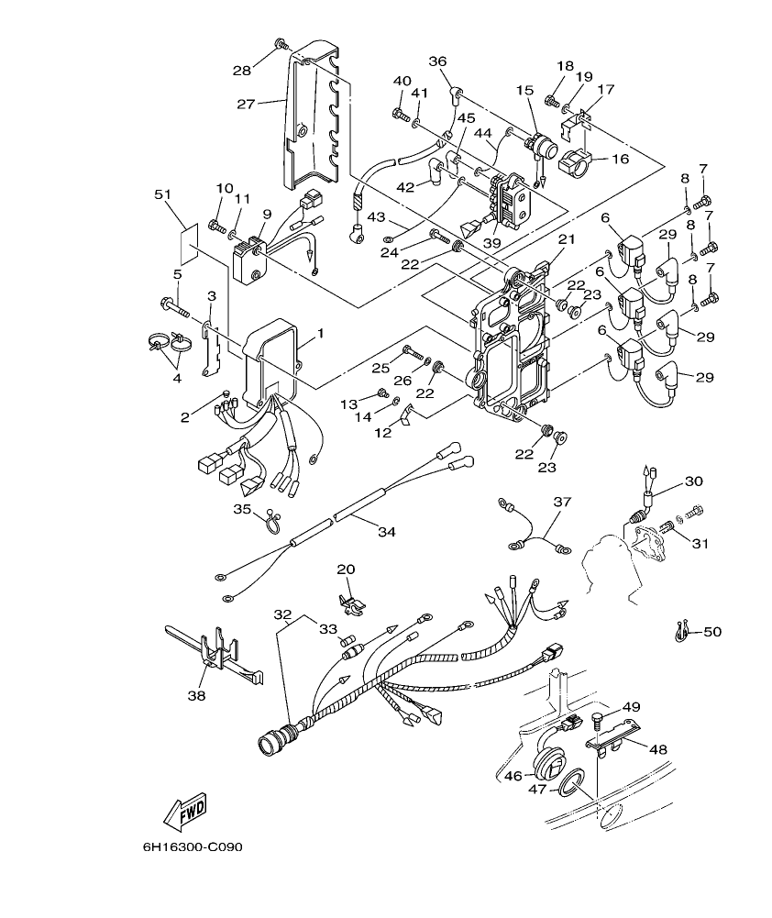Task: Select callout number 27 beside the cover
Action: pyautogui.click(x=246, y=104)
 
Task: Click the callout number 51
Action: pyautogui.click(x=163, y=194)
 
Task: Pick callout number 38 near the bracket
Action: pyautogui.click(x=196, y=695)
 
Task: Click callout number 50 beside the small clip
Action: pyautogui.click(x=712, y=632)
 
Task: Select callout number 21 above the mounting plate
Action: pyautogui.click(x=566, y=239)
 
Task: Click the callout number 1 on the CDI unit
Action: pyautogui.click(x=320, y=332)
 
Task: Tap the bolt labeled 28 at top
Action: pyautogui.click(x=280, y=44)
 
